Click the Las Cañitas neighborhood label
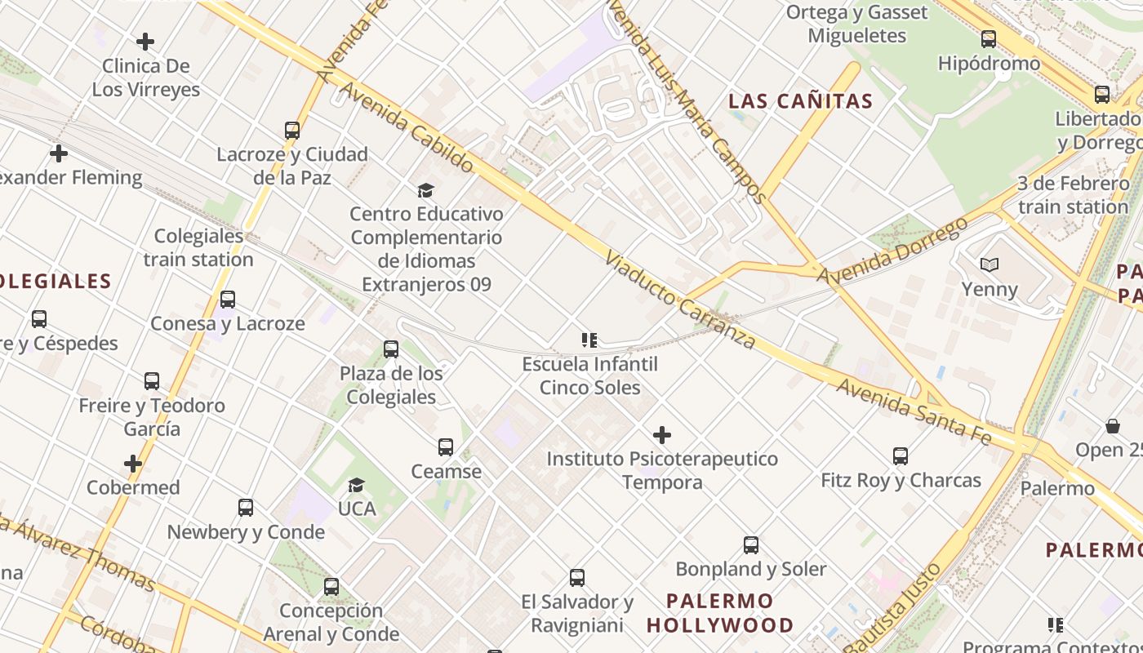pos(800,101)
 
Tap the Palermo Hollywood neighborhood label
pos(720,613)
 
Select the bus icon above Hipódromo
pos(989,38)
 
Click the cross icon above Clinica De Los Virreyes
pos(145,42)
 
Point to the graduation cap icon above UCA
pos(356,486)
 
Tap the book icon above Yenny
pos(990,264)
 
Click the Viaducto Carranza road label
pos(680,300)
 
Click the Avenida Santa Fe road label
pos(914,411)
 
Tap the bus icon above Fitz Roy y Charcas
pos(901,456)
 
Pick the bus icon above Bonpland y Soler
pos(751,545)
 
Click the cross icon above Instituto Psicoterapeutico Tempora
pos(662,435)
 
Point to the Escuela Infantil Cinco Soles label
pos(589,375)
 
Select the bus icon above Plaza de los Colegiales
pos(391,349)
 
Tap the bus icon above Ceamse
pos(446,447)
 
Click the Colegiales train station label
pos(199,248)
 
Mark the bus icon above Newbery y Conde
pos(246,508)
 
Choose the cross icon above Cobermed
pos(133,464)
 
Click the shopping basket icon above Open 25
pos(1113,426)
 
